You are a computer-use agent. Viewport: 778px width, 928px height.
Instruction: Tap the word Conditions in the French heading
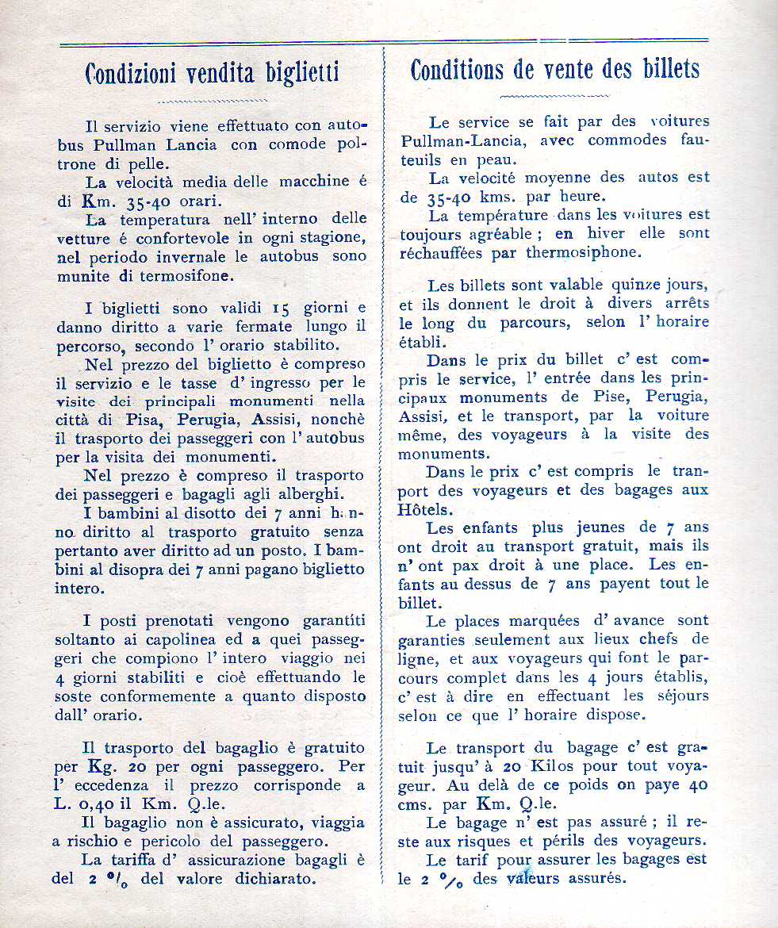(x=455, y=70)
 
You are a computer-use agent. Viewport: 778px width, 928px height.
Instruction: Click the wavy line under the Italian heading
(x=213, y=101)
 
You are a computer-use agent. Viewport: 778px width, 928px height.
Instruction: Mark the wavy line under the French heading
(x=554, y=96)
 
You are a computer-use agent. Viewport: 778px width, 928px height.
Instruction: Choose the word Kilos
(x=558, y=766)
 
